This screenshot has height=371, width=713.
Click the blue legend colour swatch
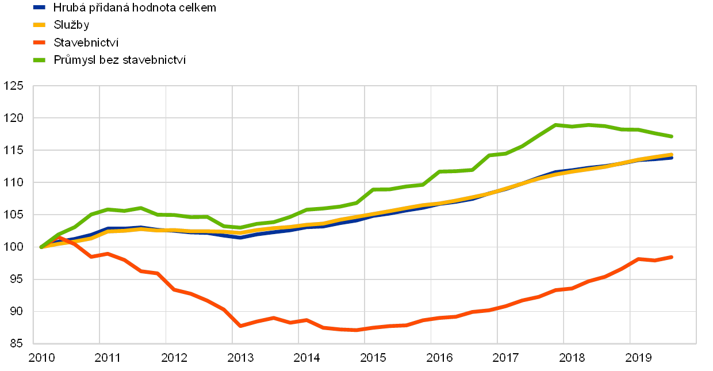pyautogui.click(x=39, y=7)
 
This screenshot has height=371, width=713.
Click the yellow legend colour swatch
pyautogui.click(x=39, y=25)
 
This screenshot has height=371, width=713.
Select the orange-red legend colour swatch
pyautogui.click(x=39, y=42)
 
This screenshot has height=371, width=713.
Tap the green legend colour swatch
pyautogui.click(x=39, y=59)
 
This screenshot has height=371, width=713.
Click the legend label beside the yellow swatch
pyautogui.click(x=71, y=25)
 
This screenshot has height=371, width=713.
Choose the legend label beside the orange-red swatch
pyautogui.click(x=86, y=42)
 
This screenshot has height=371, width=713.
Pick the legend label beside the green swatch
pyautogui.click(x=120, y=59)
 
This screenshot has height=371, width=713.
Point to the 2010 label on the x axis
pyautogui.click(x=41, y=358)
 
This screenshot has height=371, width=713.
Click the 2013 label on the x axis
pyautogui.click(x=240, y=358)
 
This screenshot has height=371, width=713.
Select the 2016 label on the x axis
pyautogui.click(x=439, y=358)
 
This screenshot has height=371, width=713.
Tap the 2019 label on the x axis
pyautogui.click(x=638, y=358)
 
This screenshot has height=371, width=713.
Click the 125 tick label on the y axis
pyautogui.click(x=14, y=86)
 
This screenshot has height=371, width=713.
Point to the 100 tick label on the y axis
pyautogui.click(x=14, y=247)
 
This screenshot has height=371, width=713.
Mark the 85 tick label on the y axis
pyautogui.click(x=14, y=344)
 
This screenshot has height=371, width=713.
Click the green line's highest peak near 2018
pyautogui.click(x=556, y=124)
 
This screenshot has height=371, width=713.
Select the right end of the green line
pyautogui.click(x=672, y=136)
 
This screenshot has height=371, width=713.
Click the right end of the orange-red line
pyautogui.click(x=672, y=257)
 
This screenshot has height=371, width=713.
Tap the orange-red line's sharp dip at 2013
pyautogui.click(x=240, y=326)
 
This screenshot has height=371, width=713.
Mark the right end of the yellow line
pyautogui.click(x=672, y=154)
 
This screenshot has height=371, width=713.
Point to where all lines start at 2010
pyautogui.click(x=41, y=247)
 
